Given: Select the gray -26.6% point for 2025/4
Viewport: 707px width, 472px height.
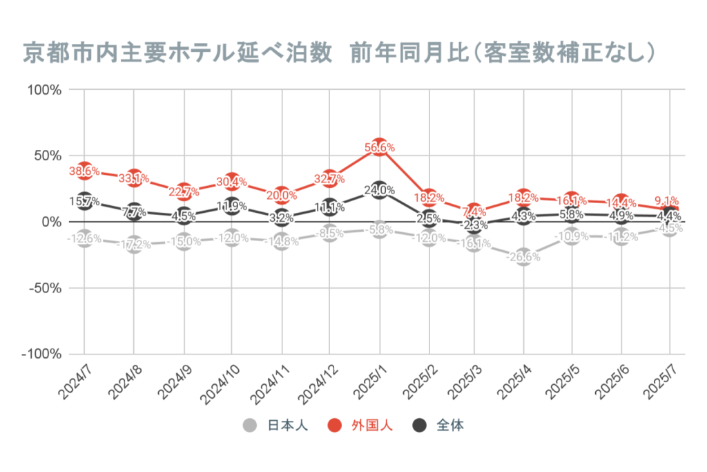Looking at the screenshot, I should [x=523, y=256].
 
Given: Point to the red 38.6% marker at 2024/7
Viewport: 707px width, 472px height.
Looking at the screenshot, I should [x=85, y=171].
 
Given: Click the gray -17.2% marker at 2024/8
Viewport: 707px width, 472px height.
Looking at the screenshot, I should [x=135, y=244].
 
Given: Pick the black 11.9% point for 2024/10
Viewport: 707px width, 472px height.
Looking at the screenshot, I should [x=233, y=206].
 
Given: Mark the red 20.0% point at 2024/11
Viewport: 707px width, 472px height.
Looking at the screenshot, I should [x=282, y=195].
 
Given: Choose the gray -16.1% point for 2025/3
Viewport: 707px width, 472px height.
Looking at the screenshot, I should [x=474, y=243].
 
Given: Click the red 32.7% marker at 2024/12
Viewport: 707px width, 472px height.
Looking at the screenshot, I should [x=331, y=178].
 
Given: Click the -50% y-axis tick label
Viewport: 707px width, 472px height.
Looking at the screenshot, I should [x=46, y=287].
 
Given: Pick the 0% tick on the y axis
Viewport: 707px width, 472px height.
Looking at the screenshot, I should [x=53, y=222].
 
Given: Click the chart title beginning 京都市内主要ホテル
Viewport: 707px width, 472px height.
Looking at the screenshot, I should [x=338, y=53].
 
